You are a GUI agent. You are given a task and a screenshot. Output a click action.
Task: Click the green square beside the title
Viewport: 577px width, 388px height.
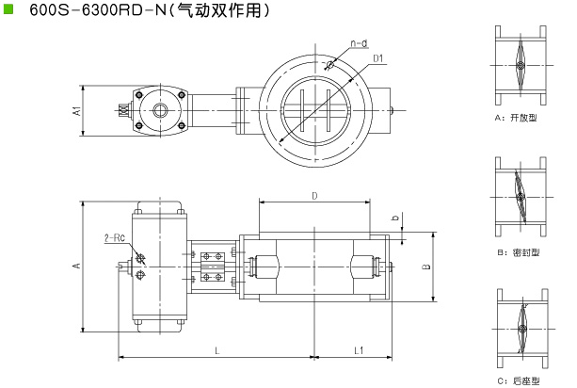(x=8, y=8)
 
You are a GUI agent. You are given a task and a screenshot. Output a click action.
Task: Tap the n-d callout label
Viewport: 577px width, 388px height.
(x=360, y=43)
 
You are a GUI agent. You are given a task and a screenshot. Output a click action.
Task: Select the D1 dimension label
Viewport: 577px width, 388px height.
(x=378, y=58)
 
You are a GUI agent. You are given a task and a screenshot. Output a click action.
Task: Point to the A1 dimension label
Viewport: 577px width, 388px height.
(x=77, y=111)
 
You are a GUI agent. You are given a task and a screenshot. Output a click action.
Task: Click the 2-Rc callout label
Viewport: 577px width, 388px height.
(x=115, y=238)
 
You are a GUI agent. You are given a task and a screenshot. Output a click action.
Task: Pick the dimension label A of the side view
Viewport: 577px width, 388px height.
(x=77, y=265)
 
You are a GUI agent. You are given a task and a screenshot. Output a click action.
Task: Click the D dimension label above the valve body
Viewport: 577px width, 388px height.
(x=314, y=196)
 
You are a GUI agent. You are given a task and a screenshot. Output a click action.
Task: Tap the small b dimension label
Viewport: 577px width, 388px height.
(x=395, y=218)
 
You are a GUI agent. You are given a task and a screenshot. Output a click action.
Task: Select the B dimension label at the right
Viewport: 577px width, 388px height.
(x=425, y=267)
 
